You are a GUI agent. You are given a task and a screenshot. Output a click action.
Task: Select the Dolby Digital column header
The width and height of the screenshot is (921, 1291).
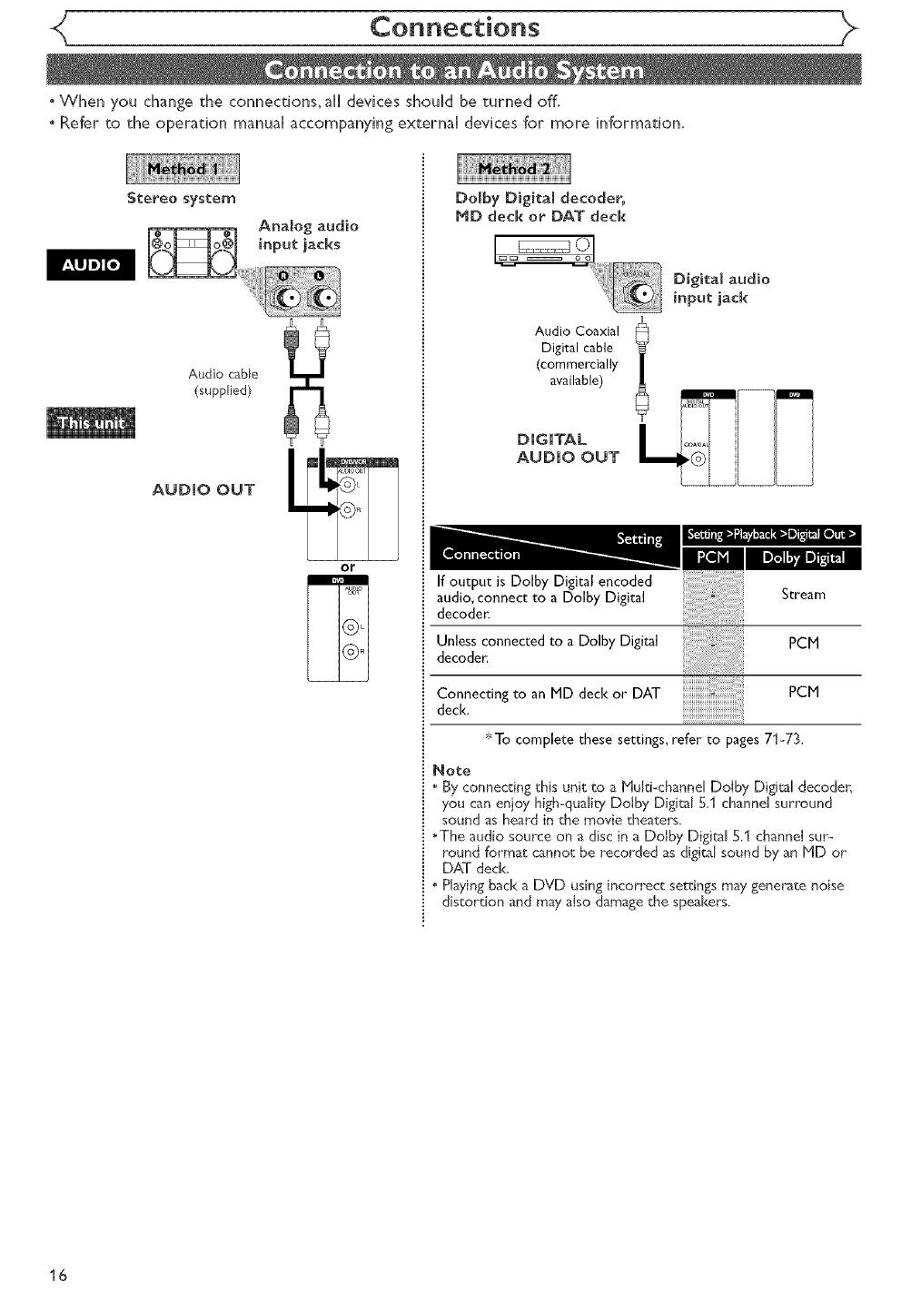point(803,557)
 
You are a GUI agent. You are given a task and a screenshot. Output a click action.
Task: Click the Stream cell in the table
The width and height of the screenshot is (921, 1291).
point(803,595)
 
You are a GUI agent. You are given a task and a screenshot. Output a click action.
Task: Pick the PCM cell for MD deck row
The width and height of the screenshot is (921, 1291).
point(803,692)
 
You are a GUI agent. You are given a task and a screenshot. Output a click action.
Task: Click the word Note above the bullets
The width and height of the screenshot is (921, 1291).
point(452,771)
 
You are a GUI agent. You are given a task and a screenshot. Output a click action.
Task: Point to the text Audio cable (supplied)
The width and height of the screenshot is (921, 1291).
point(223,381)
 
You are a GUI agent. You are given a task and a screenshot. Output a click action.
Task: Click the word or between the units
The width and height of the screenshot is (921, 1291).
point(347,567)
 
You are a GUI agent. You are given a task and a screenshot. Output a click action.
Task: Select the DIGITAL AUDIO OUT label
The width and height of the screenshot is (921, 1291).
point(566,448)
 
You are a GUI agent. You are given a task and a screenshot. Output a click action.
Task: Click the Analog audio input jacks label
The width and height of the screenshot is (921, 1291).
point(308,234)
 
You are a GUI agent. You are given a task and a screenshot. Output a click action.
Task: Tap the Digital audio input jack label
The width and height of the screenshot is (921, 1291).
point(721,288)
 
